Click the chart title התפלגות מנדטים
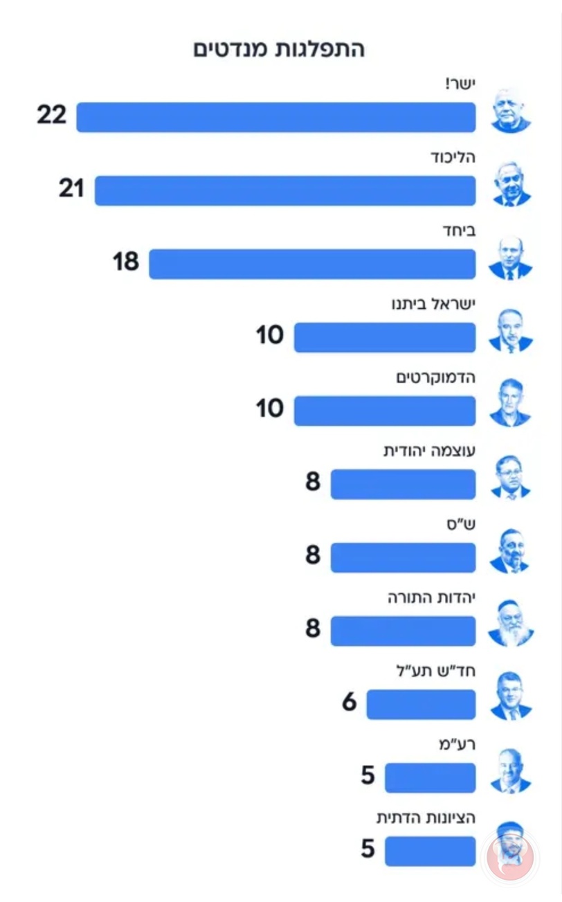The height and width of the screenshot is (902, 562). pos(279,49)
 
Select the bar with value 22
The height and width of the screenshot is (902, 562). pos(276,117)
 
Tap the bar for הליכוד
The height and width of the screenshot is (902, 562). pos(285,190)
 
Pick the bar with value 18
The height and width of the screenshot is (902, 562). pos(312,264)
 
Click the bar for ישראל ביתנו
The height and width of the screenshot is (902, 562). pos(385,337)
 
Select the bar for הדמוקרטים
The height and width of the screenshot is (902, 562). pos(385,411)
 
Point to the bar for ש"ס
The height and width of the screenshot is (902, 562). pos(403,558)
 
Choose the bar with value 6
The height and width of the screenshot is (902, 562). pos(421,704)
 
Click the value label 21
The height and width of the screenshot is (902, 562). pos(72,188)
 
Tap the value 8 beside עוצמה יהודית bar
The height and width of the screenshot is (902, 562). pos(313,482)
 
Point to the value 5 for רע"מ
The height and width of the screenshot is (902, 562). pos(368,775)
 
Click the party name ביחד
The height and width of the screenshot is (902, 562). pos(460,231)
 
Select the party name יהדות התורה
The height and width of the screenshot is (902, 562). pos(432,598)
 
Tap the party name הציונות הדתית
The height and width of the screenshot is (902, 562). pos(426,818)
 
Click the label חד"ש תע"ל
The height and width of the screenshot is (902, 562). pos(436,671)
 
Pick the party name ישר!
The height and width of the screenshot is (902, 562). pos(460,84)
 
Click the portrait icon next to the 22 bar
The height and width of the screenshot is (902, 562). pos(511,110)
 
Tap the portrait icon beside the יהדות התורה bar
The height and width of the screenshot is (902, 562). pos(511,624)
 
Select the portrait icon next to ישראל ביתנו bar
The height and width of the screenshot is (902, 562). pos(511,331)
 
